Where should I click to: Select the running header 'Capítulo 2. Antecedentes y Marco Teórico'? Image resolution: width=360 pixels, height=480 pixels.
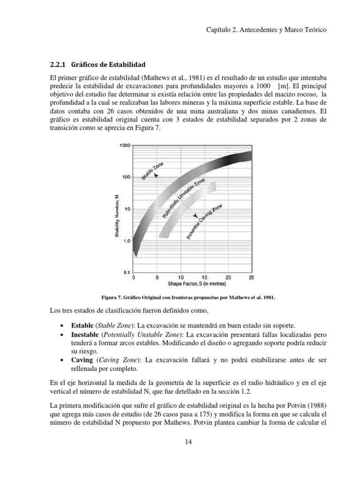[x=266, y=29]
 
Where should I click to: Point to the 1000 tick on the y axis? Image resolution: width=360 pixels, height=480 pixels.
[x=124, y=146]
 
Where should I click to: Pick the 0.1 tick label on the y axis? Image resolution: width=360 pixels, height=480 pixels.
[x=127, y=272]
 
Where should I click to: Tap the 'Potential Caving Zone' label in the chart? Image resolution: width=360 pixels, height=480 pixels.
[x=204, y=222]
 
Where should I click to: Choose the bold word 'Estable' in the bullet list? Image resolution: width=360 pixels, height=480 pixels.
[x=82, y=325]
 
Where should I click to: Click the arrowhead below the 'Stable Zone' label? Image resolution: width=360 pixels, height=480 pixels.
[x=157, y=175]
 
